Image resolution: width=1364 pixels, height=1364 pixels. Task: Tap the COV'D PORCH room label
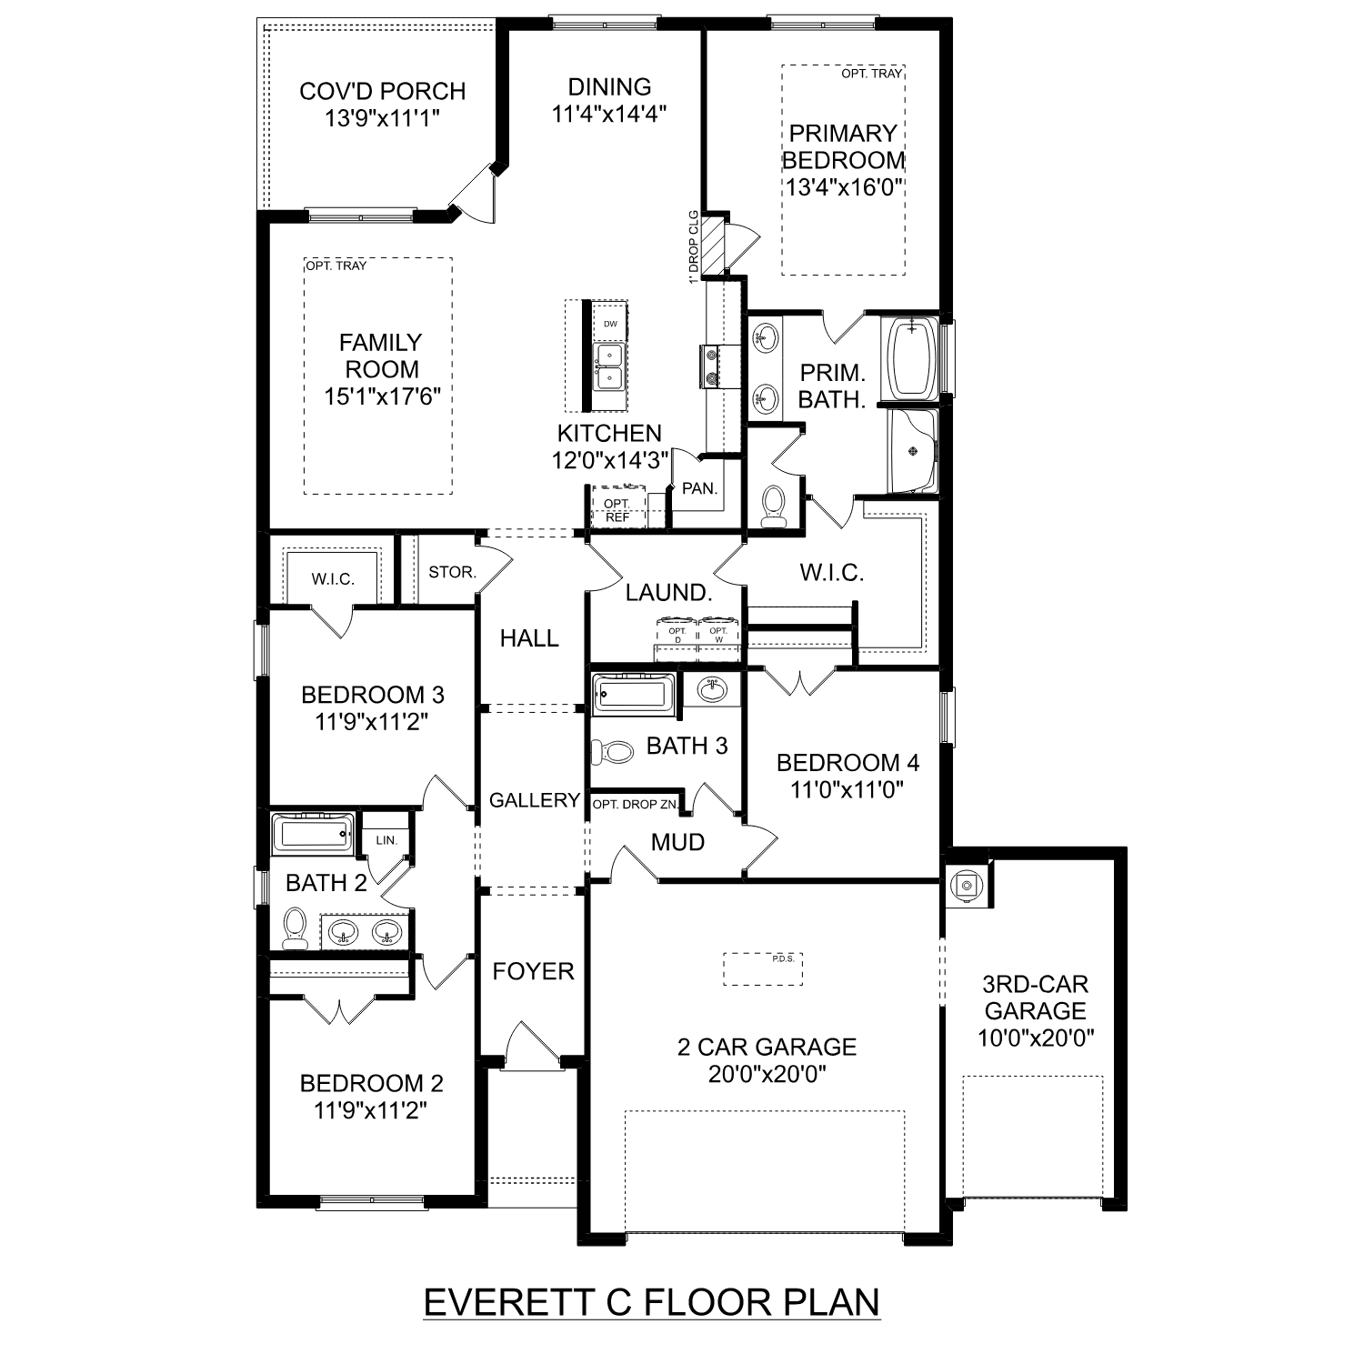382,91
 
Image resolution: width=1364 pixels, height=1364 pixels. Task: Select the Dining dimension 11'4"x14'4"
609,115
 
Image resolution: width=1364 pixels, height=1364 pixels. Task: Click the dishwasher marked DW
610,324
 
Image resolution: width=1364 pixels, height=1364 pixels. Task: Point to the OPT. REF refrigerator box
617,509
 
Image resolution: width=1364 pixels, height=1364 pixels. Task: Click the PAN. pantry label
699,488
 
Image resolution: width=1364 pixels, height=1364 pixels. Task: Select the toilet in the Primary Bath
774,506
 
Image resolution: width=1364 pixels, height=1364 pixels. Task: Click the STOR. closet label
452,572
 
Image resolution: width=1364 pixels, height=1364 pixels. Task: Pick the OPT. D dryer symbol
677,634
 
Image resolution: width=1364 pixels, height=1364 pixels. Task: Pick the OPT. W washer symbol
718,634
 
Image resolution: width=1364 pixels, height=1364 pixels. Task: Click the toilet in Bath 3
612,752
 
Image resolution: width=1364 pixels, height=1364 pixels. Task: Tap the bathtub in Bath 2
312,833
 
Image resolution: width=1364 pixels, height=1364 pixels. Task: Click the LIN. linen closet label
386,839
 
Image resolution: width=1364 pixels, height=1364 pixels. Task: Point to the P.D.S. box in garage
763,968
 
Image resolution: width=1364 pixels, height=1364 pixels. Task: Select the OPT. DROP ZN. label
635,805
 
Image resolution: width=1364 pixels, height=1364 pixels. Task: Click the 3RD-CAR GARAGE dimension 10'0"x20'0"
1035,1038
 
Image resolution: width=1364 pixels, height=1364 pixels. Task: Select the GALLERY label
534,800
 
